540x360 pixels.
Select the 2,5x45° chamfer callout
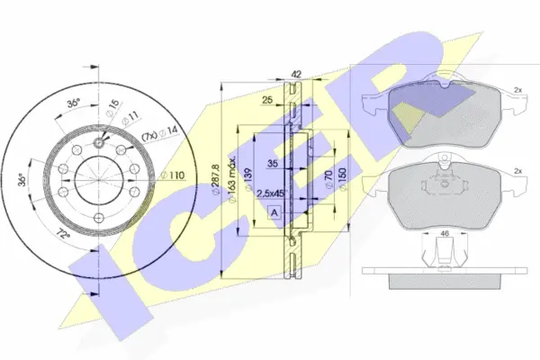point(270,193)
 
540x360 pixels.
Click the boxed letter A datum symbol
point(274,212)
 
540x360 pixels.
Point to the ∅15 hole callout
point(110,106)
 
